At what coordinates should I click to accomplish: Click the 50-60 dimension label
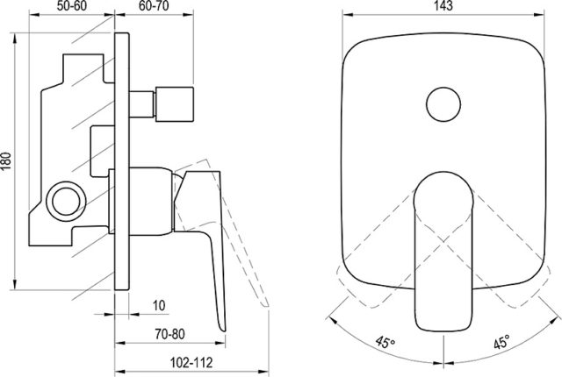point(72,6)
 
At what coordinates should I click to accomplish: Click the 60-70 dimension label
point(154,6)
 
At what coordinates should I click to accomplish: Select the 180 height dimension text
point(6,161)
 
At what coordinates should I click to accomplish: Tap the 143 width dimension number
point(443,6)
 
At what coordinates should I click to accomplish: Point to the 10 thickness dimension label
point(159,305)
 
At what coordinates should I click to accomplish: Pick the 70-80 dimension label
point(169,334)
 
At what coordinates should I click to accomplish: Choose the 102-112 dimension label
point(191,363)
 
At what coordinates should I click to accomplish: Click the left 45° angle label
point(385,342)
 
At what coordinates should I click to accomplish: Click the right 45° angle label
point(501,342)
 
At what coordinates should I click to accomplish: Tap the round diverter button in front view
point(443,104)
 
